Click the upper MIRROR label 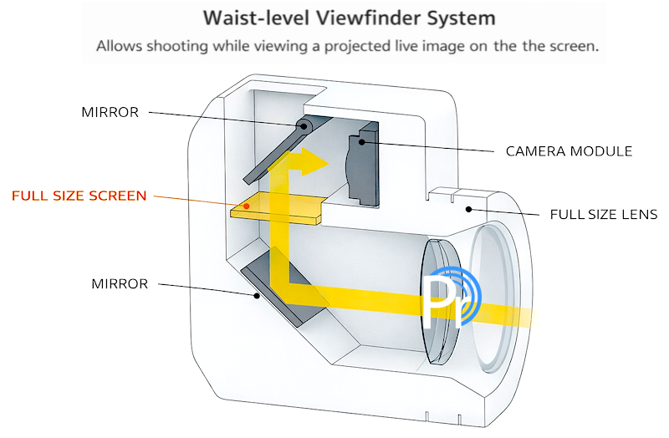click(x=110, y=112)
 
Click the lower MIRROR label click(x=120, y=284)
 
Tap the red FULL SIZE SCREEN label click(x=79, y=196)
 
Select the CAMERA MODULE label click(x=569, y=151)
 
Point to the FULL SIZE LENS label click(x=604, y=214)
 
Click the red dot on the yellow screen click(x=246, y=204)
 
